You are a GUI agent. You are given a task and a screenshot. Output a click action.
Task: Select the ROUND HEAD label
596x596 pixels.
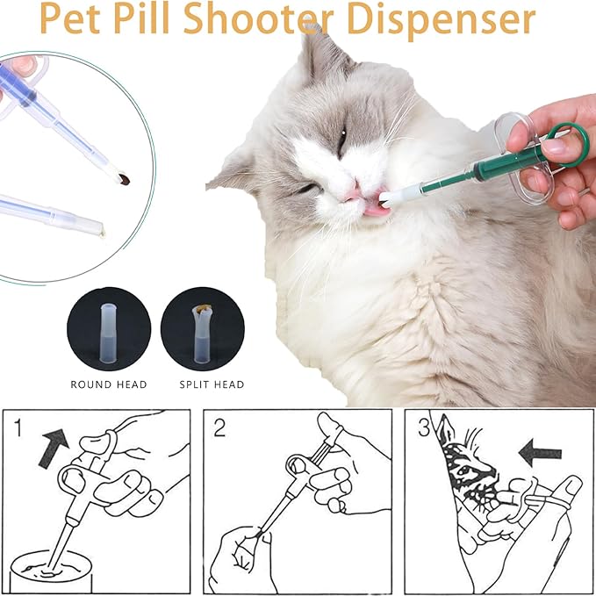[108, 384]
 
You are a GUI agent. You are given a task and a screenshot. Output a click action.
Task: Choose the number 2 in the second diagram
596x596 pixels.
[219, 429]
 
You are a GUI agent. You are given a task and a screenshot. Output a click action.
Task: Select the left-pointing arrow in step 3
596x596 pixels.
[539, 453]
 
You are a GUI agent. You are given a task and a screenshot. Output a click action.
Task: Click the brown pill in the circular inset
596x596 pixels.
[127, 180]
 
